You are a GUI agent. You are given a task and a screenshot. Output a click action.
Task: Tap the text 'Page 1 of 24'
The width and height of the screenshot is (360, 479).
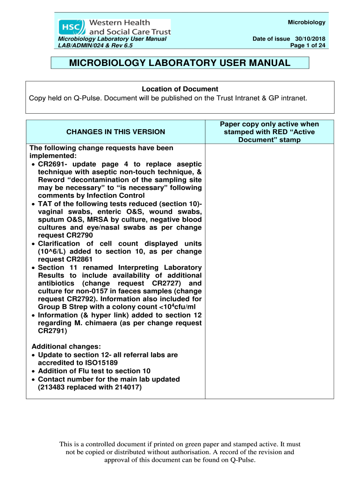(x=308, y=45)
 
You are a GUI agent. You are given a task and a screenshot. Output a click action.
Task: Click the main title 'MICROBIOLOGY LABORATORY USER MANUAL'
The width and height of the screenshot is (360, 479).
(x=180, y=63)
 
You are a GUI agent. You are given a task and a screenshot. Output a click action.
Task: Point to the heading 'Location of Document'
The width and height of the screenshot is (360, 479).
(x=180, y=89)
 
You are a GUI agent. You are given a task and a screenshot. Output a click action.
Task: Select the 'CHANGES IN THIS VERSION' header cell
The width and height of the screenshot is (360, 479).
(x=115, y=132)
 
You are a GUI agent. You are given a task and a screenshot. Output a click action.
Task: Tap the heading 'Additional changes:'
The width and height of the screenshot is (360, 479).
(x=59, y=347)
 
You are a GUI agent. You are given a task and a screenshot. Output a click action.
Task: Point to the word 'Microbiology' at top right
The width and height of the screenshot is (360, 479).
(x=306, y=22)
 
